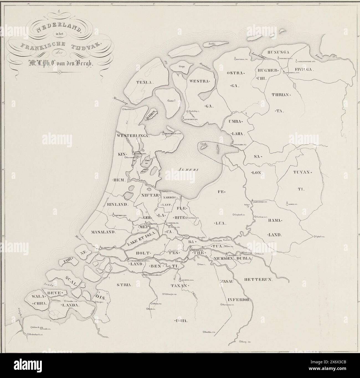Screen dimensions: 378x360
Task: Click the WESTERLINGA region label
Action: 133,136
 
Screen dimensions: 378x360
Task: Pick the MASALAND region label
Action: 103,232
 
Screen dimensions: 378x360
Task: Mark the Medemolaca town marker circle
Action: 163,134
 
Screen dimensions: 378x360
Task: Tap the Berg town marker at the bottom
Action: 240,342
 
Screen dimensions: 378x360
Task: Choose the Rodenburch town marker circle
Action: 28,335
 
